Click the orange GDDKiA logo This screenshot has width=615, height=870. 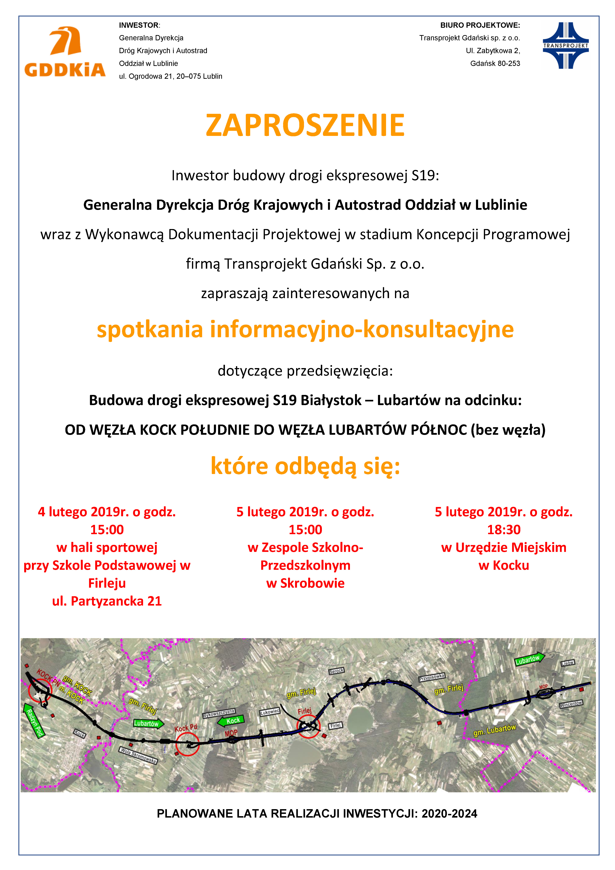coord(65,52)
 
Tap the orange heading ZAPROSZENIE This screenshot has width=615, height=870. coord(305,125)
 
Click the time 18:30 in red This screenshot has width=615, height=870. coord(504,529)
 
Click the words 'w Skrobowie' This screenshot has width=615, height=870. coord(305,583)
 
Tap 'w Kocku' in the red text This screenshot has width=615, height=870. coord(504,565)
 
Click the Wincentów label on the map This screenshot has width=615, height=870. coord(571,704)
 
